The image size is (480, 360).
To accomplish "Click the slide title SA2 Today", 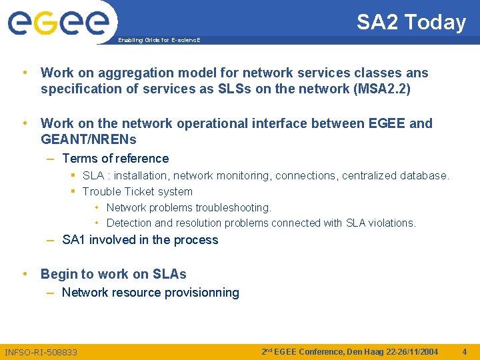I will pos(411,22).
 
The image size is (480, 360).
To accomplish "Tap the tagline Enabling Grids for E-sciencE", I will pos(159,40).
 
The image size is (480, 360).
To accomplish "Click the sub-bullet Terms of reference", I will pos(115,159).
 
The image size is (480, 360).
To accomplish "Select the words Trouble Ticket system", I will pos(137,191).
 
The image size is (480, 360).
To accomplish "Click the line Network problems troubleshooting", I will pos(189,207).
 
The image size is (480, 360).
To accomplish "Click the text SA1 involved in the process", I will pos(140,240).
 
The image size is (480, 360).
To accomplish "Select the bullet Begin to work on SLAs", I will pos(113,274).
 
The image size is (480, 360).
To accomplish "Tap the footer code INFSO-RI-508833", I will pos(41,351).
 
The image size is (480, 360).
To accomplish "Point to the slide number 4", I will pos(465,351).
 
